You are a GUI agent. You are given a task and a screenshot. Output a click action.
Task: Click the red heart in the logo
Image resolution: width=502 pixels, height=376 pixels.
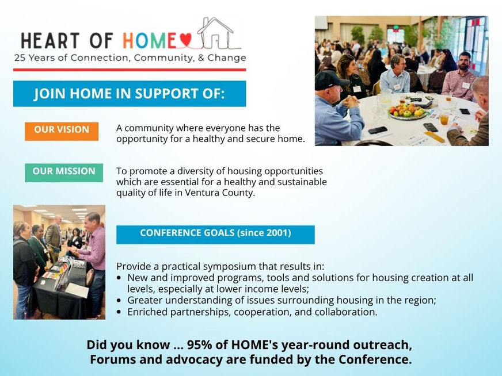point(185,40)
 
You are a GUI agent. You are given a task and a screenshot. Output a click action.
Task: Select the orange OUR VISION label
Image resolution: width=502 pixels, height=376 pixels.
point(62,131)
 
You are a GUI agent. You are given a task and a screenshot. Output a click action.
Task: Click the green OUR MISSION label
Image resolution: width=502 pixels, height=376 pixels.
point(64,172)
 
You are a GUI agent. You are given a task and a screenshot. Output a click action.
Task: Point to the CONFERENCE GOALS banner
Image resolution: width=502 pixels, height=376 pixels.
point(215,235)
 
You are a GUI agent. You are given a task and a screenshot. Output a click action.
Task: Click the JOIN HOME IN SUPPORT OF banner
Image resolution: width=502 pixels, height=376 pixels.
point(130,93)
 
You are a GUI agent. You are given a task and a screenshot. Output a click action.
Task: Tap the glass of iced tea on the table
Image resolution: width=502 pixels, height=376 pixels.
point(444,119)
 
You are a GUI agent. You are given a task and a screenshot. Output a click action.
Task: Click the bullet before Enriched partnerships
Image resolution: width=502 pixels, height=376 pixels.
point(119,312)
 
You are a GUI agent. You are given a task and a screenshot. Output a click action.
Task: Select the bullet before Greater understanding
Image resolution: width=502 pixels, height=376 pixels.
point(119,301)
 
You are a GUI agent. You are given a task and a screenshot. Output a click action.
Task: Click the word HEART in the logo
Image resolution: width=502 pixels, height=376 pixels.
point(50,41)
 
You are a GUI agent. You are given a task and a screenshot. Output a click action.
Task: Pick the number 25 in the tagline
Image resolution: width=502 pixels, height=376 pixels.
point(20,58)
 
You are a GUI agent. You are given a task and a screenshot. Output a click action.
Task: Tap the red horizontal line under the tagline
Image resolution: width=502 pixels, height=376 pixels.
point(130,70)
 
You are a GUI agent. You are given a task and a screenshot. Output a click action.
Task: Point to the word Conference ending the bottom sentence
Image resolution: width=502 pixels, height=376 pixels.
point(375,359)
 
